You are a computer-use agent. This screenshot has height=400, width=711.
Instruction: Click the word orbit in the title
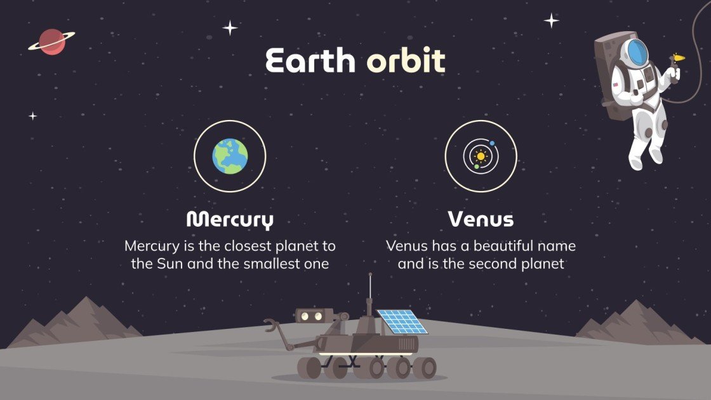coord(406,61)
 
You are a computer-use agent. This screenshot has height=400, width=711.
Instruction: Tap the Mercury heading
coord(230,220)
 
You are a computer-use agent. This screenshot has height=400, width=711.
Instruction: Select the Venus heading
coord(481,220)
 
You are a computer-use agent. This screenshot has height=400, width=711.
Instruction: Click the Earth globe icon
coord(230,156)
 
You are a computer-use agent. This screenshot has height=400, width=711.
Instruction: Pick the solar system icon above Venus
coord(481,156)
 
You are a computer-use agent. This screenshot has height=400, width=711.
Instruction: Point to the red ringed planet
coord(51,41)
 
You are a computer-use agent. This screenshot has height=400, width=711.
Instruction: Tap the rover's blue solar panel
coord(401,322)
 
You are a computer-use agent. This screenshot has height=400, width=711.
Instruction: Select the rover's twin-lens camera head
coord(314,315)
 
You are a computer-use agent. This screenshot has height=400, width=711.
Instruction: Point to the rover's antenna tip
coord(370,276)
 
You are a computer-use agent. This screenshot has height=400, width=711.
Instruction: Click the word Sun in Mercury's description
coord(169,263)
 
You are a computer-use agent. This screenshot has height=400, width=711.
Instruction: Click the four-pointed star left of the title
coord(230,27)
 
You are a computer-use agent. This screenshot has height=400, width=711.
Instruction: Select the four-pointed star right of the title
coord(552,20)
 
